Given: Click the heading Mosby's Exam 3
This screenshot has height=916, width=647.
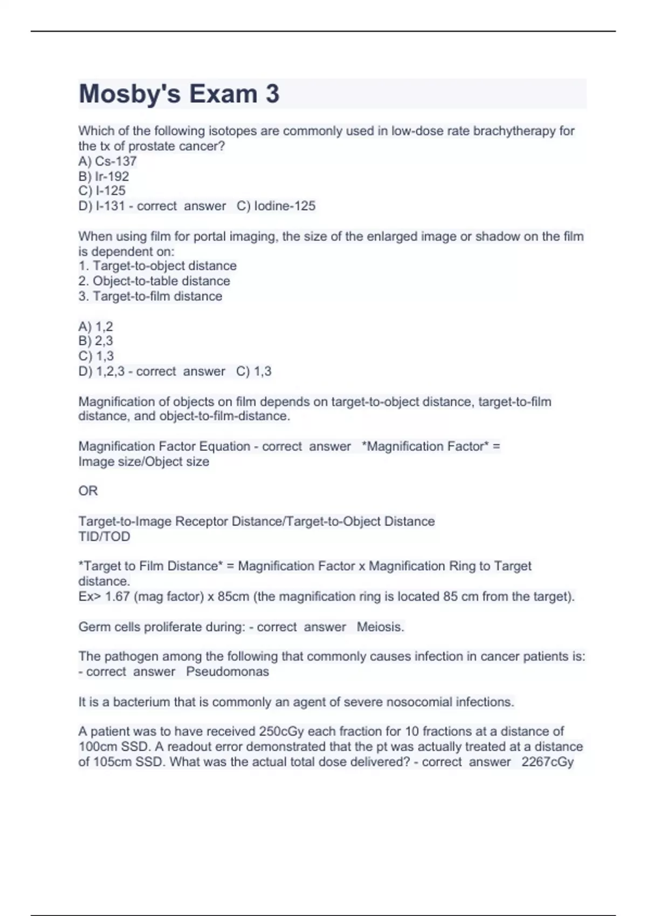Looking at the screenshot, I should coord(179,94).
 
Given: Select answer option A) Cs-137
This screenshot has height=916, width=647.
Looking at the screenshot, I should coord(107,161).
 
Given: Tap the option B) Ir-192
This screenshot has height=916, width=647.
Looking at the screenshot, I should coord(104,176).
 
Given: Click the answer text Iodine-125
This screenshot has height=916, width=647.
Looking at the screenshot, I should coord(285,206).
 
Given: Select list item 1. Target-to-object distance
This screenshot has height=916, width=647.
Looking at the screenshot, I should coord(157,266).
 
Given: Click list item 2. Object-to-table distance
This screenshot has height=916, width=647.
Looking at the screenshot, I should coord(154,281).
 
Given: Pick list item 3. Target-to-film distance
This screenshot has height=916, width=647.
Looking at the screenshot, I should coord(150,296).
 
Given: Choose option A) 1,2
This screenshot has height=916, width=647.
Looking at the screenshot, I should coord(95,327).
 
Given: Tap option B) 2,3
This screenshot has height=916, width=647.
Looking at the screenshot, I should coord(95,341).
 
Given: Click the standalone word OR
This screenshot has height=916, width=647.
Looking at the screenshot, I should coord(88,491).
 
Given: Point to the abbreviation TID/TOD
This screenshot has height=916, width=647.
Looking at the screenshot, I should coord(104,537).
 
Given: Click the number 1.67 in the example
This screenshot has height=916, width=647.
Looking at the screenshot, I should coord(118,596).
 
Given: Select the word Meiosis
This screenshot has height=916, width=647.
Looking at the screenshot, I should coord(380,627).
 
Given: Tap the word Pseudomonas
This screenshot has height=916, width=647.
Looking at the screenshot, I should coord(228,672).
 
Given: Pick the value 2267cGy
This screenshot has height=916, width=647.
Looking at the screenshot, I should coord(547,762).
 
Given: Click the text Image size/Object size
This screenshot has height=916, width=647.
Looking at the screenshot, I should coord(143,462).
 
